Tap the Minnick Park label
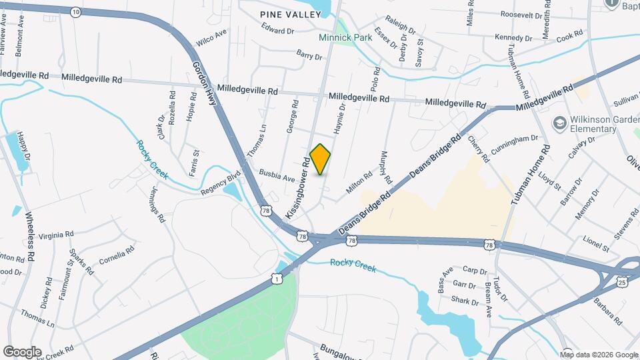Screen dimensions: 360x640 click(x=345, y=38)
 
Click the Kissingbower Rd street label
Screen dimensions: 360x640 click(x=298, y=188)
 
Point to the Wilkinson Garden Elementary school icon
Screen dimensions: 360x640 click(x=559, y=123)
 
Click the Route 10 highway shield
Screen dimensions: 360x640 click(x=75, y=11)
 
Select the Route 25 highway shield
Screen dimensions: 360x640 click(x=622, y=283)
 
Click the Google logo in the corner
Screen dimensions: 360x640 click(x=22, y=351)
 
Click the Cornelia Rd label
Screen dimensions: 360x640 click(x=117, y=255)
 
